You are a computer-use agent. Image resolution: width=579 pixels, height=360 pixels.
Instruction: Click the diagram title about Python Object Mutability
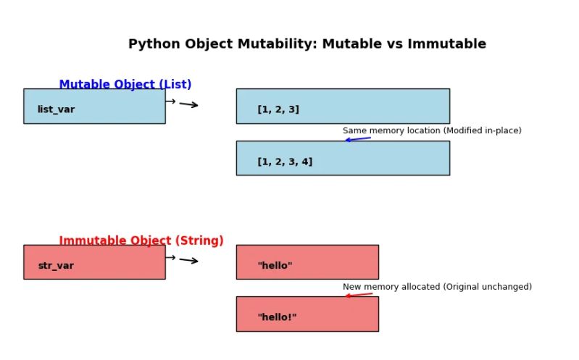tap(307, 44)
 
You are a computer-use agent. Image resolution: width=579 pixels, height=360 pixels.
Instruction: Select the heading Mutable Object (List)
tap(125, 85)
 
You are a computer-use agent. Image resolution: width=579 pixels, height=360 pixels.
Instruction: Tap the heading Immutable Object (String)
tap(141, 240)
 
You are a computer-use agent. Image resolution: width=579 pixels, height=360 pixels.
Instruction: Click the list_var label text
tap(56, 109)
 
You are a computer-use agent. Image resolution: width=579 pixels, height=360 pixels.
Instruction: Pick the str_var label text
tap(56, 266)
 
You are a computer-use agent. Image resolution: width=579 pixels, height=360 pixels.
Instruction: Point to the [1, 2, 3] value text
tap(278, 109)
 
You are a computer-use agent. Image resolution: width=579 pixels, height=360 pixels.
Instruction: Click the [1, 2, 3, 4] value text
tap(285, 162)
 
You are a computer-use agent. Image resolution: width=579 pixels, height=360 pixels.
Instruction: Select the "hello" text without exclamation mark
tap(275, 266)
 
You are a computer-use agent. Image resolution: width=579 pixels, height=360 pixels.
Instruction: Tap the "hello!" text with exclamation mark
tap(277, 317)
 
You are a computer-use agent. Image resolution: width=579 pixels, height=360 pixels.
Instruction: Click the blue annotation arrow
tap(358, 139)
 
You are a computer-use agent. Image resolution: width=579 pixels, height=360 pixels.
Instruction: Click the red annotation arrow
tap(359, 295)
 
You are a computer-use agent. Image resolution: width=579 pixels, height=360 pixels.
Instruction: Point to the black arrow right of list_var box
tap(188, 104)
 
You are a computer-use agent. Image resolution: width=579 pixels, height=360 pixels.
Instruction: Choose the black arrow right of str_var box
tap(188, 260)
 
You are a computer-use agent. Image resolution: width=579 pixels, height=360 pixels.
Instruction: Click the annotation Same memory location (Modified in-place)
tap(432, 131)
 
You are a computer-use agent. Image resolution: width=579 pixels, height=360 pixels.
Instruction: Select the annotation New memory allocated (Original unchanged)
tap(437, 287)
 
